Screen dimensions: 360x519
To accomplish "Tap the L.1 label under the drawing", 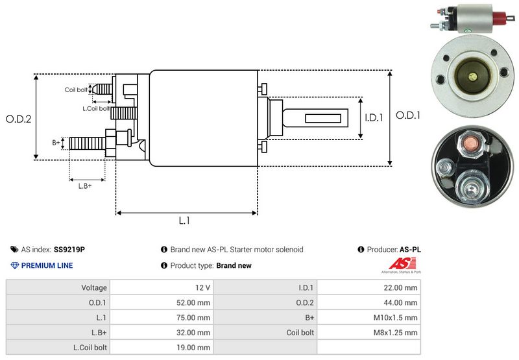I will tap(185, 221).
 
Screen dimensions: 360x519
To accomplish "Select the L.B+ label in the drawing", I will tap(85, 186).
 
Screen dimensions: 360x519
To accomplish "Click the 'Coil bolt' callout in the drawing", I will tap(76, 90).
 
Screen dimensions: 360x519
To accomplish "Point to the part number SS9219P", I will tap(69, 249).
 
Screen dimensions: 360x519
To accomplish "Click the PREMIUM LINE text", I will tap(47, 265).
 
